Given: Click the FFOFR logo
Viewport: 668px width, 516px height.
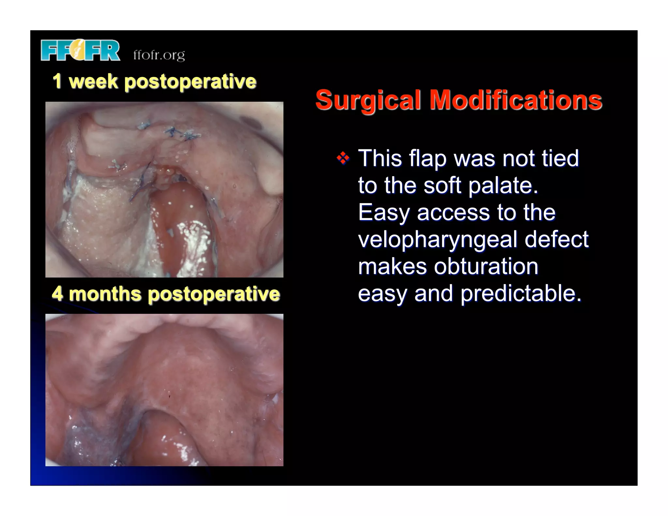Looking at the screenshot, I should pos(80,51).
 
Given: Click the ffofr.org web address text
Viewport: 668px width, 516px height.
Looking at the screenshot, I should pos(159,55).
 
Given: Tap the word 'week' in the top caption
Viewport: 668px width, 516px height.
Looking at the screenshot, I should pos(93,81).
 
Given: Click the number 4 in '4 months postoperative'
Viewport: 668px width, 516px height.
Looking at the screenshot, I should pos(57,293).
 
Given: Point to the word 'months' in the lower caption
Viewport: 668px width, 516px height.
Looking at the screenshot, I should pos(105,294).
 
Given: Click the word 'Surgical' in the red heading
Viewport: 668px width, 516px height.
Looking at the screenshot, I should pos(368,100).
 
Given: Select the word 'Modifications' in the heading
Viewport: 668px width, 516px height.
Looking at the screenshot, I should pos(515,100).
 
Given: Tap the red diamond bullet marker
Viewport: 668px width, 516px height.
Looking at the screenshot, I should pos(343,159).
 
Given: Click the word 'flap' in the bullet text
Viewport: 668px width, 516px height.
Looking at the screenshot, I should pos(427,159).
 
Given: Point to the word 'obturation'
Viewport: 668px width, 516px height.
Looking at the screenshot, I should pos(486,266).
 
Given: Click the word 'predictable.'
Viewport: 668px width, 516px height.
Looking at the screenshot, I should pos(521,294).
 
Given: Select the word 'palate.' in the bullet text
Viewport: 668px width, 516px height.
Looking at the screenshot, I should pos(503,186).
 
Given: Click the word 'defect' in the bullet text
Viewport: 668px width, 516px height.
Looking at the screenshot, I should pos(556,239).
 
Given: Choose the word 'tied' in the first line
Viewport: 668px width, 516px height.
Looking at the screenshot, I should pos(560,158).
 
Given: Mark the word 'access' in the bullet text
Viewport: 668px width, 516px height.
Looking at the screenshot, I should pos(453,213).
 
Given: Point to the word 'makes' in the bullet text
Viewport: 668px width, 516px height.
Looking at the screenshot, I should pos(392,266).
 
